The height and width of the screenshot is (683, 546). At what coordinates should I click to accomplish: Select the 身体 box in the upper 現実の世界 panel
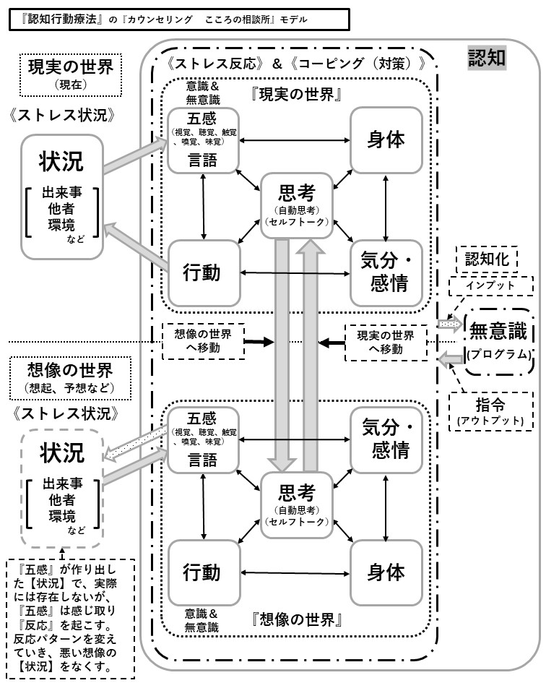tap(385, 140)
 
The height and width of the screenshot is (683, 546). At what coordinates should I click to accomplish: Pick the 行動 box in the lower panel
tap(202, 572)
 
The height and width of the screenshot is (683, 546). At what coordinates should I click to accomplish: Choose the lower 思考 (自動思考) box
tap(296, 504)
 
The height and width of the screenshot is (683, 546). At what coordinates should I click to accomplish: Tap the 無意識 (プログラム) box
tap(500, 340)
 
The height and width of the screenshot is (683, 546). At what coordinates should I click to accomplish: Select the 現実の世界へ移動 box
tap(386, 342)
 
